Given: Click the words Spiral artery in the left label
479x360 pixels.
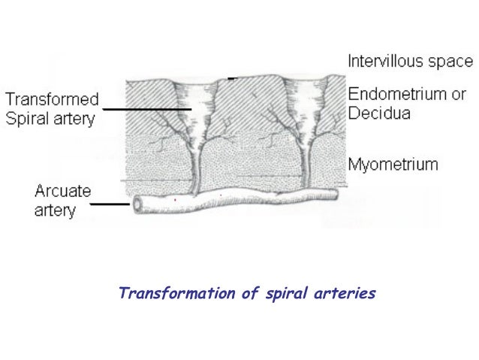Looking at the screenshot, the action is pyautogui.click(x=52, y=117).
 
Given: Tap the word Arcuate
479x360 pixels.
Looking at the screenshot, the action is pyautogui.click(x=60, y=192).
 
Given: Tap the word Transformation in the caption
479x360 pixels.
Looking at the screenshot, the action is pyautogui.click(x=176, y=293).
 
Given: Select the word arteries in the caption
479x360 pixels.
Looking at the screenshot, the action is pyautogui.click(x=342, y=293).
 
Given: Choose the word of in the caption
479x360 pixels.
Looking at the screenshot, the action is pyautogui.click(x=250, y=293).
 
